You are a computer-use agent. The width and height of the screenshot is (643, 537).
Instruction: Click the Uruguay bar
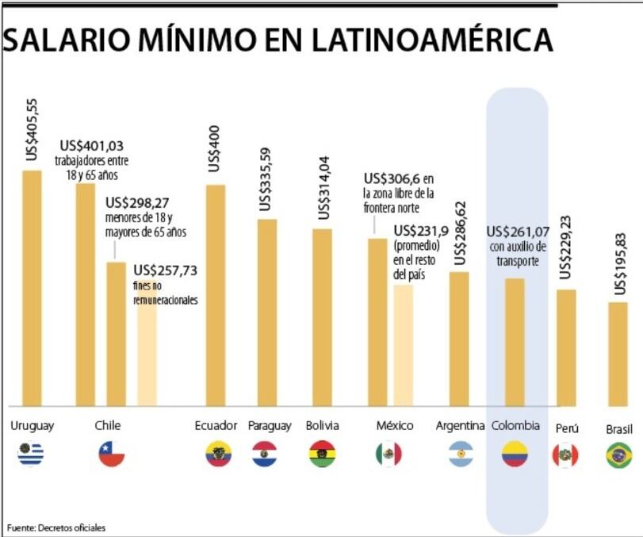pos(31,286)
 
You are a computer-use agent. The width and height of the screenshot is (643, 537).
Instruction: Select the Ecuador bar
pos(216,293)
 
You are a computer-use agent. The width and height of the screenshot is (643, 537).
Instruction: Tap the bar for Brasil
pos(618,353)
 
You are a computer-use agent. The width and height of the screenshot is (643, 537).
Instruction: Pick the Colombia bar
pos(515,341)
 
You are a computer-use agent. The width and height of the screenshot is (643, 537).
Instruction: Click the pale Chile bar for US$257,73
pos(147,349)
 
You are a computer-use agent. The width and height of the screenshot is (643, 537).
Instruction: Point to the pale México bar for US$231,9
pos(403,345)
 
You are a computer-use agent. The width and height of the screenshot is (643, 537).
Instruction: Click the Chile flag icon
pos(112,455)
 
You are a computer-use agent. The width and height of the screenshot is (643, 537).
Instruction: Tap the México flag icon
pos(388,455)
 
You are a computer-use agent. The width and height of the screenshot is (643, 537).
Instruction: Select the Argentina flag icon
pos(460,455)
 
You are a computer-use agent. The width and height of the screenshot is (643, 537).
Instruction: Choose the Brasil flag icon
pos(618,455)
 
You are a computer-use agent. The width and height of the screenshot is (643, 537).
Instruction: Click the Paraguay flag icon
pos(264,455)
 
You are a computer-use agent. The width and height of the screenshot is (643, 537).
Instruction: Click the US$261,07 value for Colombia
pos(518,232)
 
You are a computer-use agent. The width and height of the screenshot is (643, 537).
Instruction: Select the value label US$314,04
pos(323,188)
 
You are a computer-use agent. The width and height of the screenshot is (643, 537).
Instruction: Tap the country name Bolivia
pos(322,426)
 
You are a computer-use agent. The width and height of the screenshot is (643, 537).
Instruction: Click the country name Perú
pos(567,428)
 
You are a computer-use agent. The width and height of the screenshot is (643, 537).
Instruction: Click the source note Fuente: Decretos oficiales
pos(55,527)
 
